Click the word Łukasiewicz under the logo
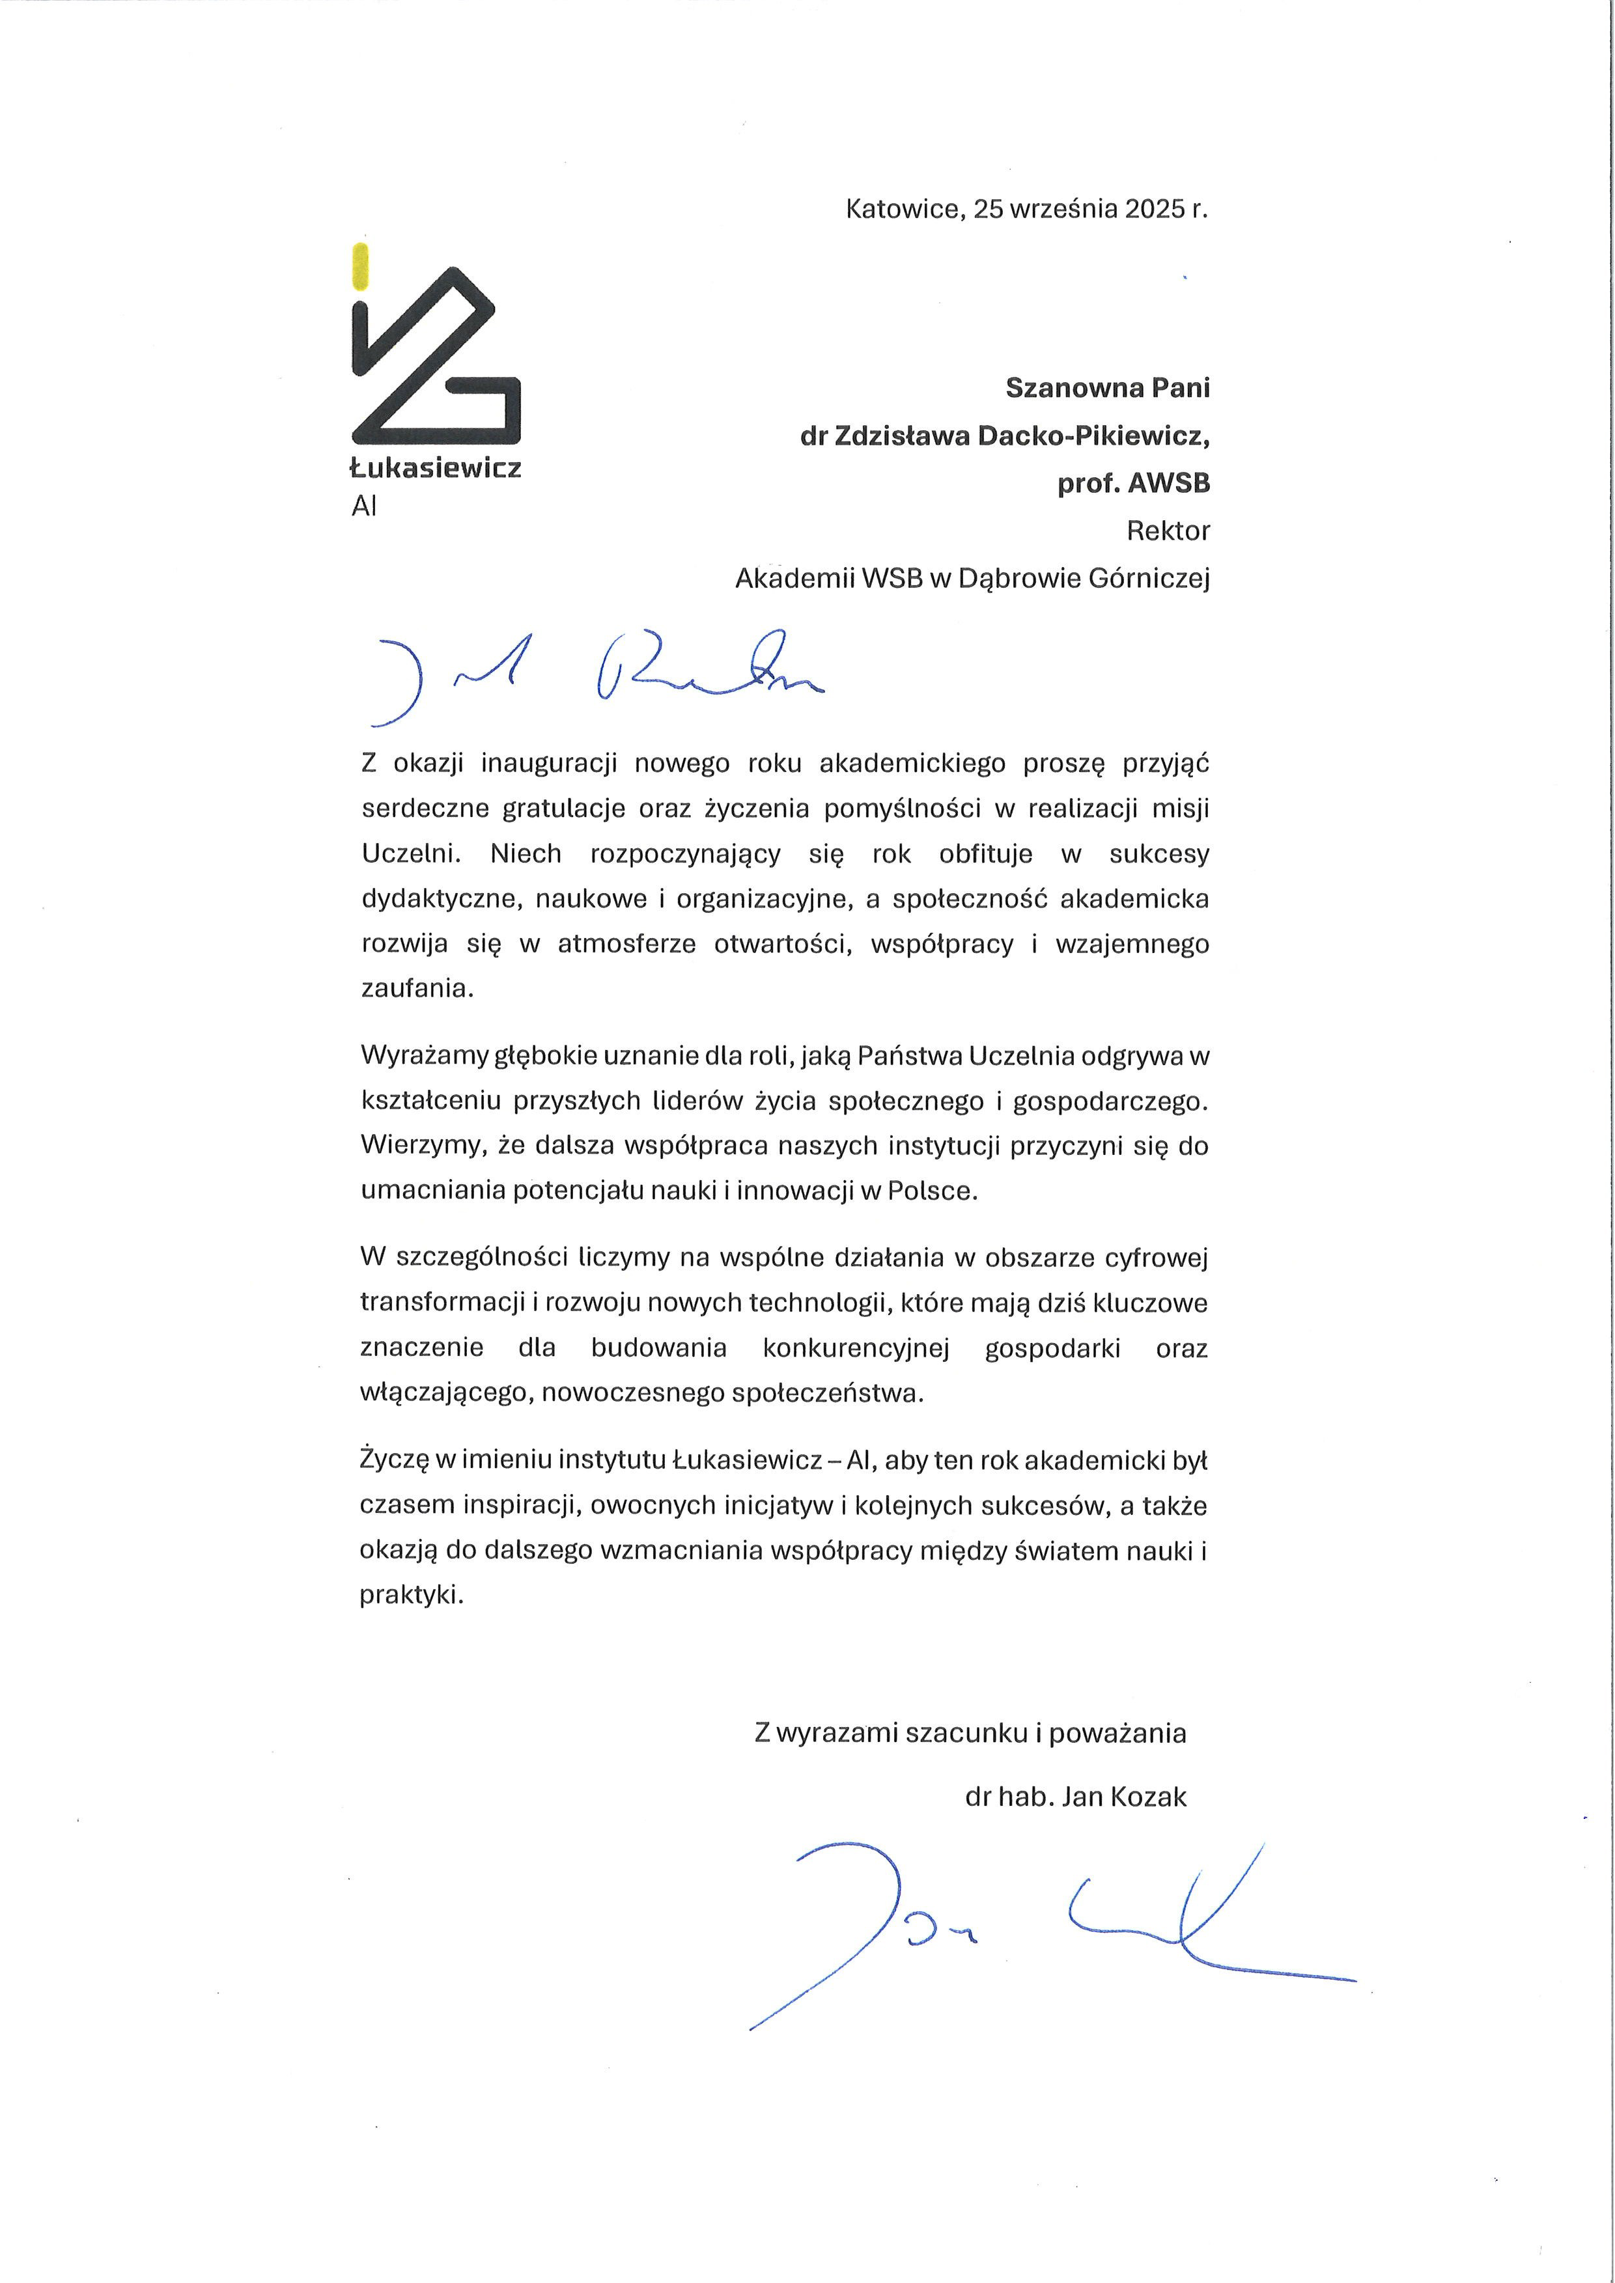(436, 468)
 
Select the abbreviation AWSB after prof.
(1168, 483)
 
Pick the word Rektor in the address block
(1168, 531)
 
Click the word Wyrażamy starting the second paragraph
(425, 1056)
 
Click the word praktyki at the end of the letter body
(411, 1596)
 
